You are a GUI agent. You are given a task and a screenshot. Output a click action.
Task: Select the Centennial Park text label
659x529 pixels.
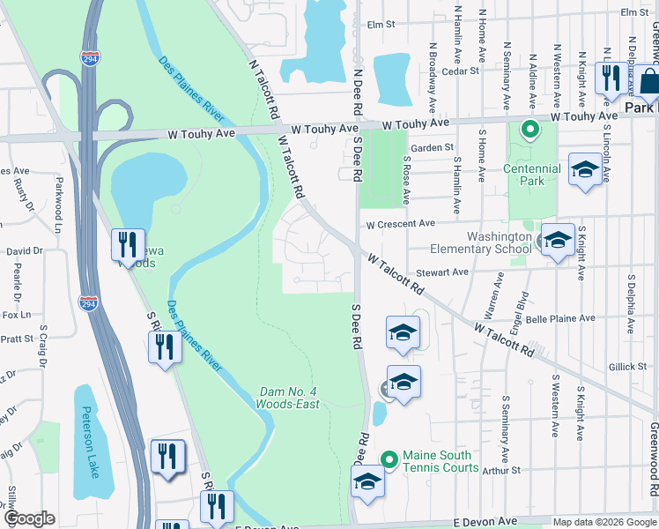532,175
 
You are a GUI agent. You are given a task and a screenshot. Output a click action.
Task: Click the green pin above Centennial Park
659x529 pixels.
529,130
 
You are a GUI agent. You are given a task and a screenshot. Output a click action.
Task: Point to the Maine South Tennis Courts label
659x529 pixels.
441,461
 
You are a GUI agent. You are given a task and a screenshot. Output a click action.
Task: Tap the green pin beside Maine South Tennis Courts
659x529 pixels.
389,458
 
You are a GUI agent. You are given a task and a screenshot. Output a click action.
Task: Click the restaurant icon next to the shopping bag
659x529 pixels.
610,78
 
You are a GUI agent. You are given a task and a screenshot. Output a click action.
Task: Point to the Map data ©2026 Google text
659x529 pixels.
604,522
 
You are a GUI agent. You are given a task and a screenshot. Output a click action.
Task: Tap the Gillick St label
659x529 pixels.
627,366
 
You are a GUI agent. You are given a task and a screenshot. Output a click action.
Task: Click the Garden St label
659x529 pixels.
432,147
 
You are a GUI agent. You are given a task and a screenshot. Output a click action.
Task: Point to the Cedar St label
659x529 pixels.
461,71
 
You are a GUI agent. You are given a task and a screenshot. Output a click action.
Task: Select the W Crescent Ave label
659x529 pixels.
402,225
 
